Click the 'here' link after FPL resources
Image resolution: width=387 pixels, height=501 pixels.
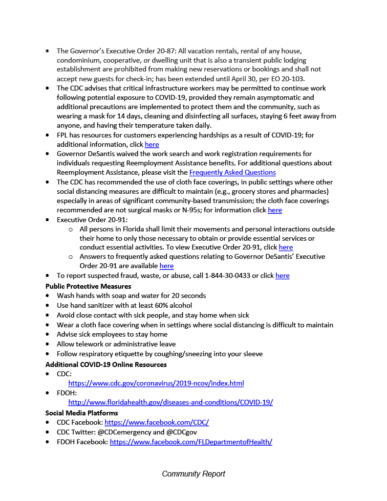151,144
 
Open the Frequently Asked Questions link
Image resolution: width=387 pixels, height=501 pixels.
232,172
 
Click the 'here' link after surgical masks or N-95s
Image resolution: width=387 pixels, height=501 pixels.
275,210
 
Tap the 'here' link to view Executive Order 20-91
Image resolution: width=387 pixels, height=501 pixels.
285,247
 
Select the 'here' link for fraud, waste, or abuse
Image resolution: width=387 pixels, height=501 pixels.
282,275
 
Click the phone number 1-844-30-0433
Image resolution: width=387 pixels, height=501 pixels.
227,275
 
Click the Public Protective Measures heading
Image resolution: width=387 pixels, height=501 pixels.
88,286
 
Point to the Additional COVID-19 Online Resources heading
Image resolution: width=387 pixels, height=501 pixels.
106,364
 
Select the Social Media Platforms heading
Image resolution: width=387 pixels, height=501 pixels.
82,413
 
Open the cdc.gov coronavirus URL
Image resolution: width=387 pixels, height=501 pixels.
156,383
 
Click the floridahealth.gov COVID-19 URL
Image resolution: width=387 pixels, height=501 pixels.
171,402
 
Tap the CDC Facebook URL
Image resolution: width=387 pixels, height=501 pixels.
156,422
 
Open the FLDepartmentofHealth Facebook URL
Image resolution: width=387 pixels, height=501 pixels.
191,442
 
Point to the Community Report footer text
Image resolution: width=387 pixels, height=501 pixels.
193,474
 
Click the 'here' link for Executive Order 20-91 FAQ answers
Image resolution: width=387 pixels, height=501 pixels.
166,266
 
